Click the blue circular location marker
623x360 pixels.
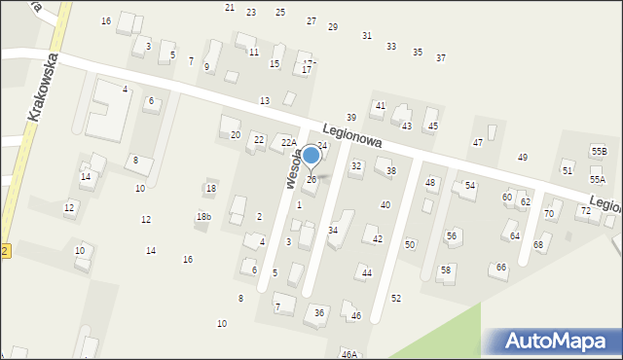pyautogui.click(x=311, y=155)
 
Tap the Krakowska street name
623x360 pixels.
pyautogui.click(x=46, y=87)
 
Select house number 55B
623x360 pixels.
pyautogui.click(x=599, y=151)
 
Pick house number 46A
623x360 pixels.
pyautogui.click(x=348, y=354)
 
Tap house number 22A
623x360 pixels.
pyautogui.click(x=288, y=143)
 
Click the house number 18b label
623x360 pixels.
pyautogui.click(x=202, y=216)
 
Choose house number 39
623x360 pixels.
pyautogui.click(x=351, y=117)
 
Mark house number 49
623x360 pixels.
pyautogui.click(x=523, y=157)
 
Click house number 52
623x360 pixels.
pyautogui.click(x=396, y=298)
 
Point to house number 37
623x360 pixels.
pyautogui.click(x=441, y=57)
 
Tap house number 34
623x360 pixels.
pyautogui.click(x=333, y=230)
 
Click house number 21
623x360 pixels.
pyautogui.click(x=230, y=7)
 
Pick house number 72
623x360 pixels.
pyautogui.click(x=585, y=210)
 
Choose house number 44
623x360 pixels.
pyautogui.click(x=367, y=272)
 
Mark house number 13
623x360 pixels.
pyautogui.click(x=265, y=101)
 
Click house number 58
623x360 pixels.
pyautogui.click(x=446, y=270)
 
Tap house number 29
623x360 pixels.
pyautogui.click(x=333, y=26)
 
